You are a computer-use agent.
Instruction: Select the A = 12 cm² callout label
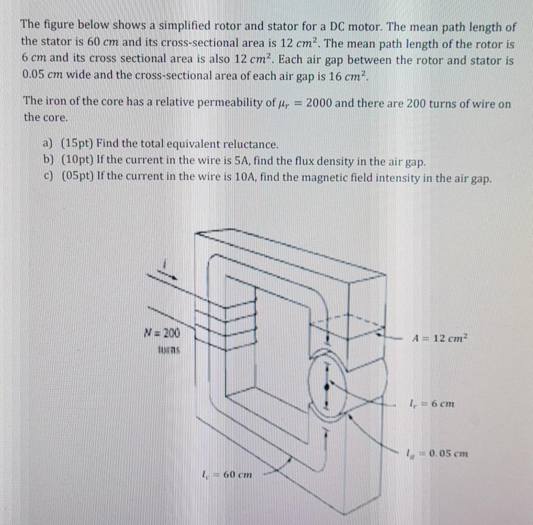pos(440,338)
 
